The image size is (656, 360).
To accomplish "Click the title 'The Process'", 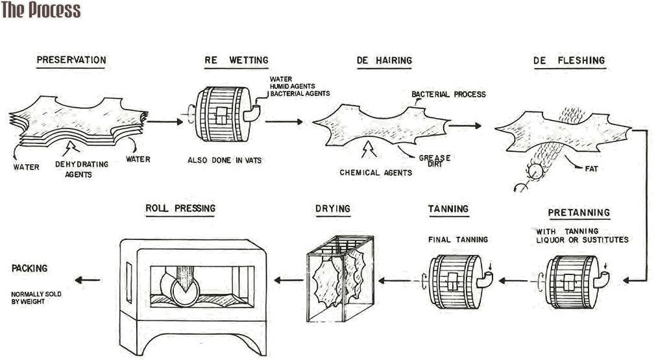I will (x=41, y=10).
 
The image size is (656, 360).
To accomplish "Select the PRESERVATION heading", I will (x=71, y=60).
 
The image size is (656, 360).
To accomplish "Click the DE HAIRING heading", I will (x=384, y=60).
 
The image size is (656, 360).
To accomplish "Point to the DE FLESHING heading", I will (x=568, y=60).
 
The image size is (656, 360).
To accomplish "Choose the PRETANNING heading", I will (x=579, y=212).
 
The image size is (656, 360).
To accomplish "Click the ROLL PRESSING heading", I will (x=180, y=208).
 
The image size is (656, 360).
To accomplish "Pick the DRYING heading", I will (x=333, y=208).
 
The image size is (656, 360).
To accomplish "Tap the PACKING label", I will (x=29, y=267).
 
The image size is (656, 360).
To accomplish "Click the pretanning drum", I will (x=570, y=280).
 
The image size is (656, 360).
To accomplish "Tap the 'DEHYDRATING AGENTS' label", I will (x=82, y=169).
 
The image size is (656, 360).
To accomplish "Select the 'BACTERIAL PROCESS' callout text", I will (x=448, y=94).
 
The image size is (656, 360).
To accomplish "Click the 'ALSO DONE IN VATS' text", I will (x=225, y=160).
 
